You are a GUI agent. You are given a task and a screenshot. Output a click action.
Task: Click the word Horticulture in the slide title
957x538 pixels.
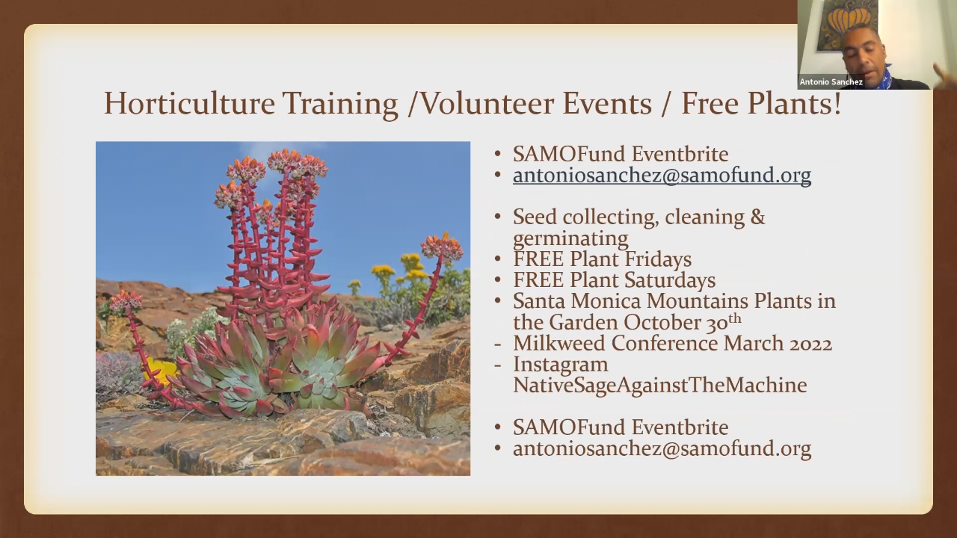point(190,103)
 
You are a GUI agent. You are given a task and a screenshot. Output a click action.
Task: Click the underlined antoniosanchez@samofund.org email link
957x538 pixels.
point(662,175)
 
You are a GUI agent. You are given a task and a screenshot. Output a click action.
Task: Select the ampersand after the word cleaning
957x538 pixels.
point(757,217)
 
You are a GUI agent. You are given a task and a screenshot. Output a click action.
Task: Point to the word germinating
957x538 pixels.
point(570,238)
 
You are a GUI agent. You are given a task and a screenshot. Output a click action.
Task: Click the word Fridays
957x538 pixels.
point(658,259)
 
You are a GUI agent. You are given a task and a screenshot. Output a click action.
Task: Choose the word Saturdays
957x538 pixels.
point(670,280)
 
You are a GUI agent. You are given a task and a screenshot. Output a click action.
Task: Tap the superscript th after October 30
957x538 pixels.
point(734,318)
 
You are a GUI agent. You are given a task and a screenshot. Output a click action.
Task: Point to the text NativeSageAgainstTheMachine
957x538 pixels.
point(659,385)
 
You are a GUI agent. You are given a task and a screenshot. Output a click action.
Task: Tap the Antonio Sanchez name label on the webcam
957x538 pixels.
point(831,82)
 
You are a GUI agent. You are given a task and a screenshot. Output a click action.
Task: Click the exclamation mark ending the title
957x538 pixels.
point(837,103)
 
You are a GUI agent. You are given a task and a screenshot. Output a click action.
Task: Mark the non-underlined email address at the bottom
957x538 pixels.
point(662,448)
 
